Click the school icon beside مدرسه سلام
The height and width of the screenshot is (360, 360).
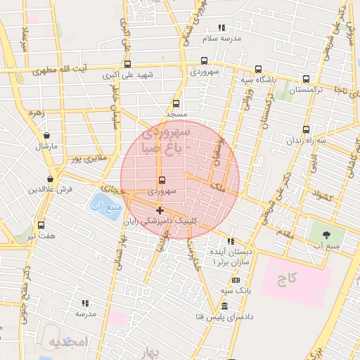pos(222,27)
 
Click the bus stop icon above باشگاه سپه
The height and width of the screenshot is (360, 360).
pos(258,69)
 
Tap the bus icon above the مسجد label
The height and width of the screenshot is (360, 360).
pos(176,103)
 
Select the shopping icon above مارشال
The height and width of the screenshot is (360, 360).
pos(46,136)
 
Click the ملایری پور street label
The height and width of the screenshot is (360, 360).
pos(88,159)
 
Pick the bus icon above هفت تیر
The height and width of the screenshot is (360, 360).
pos(41,225)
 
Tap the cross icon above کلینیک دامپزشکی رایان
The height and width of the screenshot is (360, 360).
pos(160,210)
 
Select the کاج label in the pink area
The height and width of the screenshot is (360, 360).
pos(287,278)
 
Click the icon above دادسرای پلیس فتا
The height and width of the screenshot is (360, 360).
pos(224,307)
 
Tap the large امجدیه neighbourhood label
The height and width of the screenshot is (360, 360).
pos(66,342)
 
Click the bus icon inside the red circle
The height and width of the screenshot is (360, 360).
pos(162,181)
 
